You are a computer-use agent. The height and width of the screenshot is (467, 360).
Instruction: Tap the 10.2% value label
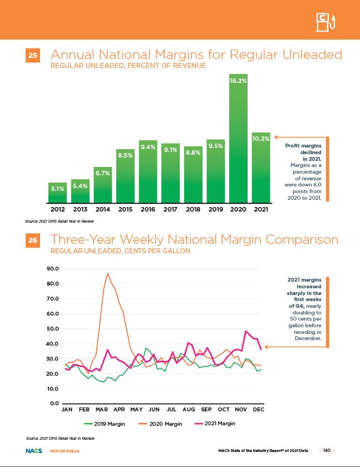click(x=261, y=139)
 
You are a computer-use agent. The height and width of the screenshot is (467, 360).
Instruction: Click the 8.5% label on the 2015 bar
click(x=125, y=156)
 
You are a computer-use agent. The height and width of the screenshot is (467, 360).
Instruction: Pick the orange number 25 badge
click(x=33, y=56)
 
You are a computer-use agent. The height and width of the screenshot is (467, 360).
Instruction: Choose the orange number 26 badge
click(x=33, y=242)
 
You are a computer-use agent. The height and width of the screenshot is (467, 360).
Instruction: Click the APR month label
click(x=119, y=410)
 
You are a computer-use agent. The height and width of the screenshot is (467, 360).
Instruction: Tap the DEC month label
click(x=258, y=410)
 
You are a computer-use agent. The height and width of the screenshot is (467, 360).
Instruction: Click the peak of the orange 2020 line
click(x=107, y=273)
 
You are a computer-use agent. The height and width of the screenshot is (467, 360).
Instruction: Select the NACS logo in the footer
click(x=32, y=450)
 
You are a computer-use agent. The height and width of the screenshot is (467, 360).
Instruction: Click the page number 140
click(x=327, y=450)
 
